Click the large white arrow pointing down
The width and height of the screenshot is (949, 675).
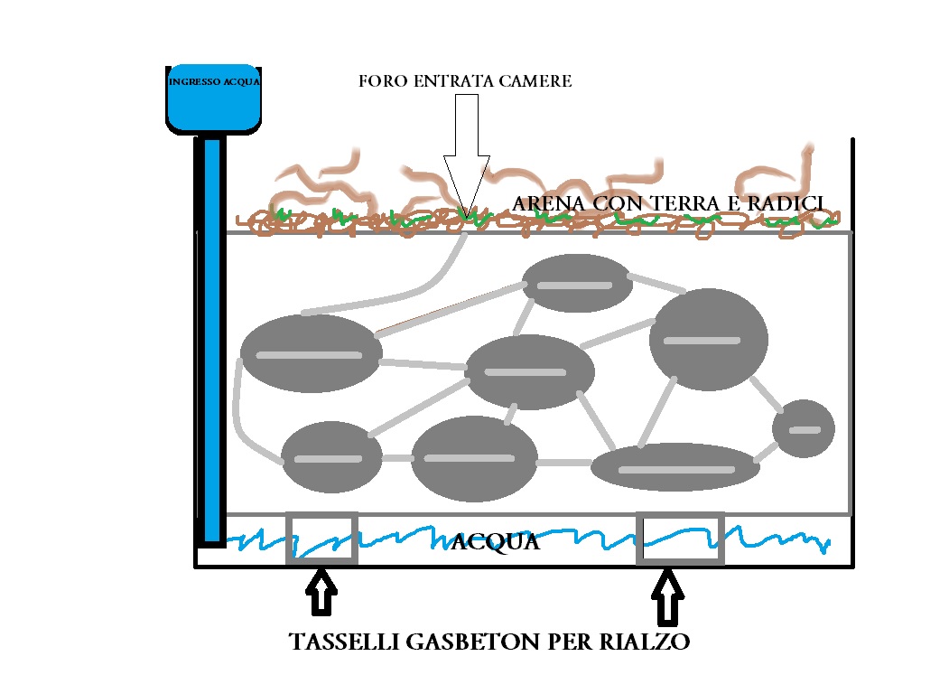467,154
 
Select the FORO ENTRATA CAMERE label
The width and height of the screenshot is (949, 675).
465,81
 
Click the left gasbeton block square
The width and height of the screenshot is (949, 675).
322,539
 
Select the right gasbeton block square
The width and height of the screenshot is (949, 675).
682,539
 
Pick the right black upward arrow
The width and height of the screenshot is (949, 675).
667,596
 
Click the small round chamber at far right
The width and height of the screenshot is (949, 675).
803,428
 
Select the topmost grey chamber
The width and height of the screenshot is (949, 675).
574,284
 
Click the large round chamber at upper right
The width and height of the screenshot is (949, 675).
709,341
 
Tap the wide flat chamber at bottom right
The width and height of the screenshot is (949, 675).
675,467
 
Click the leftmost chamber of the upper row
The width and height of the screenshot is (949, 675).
311,353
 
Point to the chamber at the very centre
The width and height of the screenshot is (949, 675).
529,371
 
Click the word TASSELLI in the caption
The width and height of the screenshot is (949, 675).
340,643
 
